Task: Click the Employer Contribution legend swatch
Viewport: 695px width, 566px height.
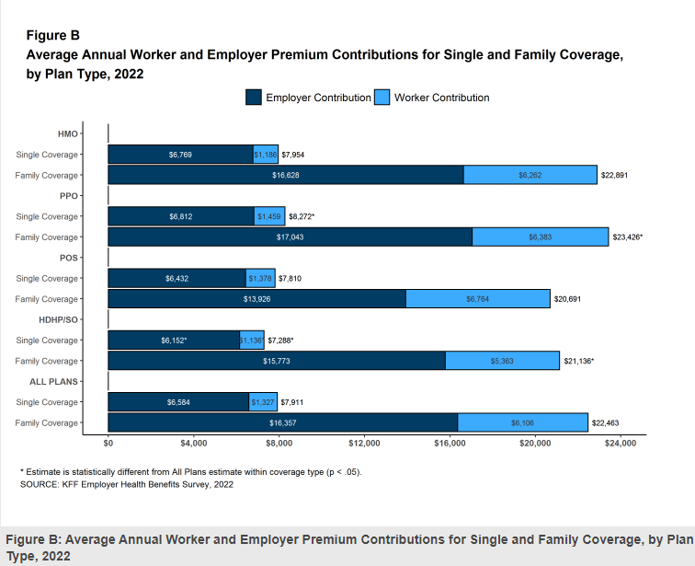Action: tap(254, 97)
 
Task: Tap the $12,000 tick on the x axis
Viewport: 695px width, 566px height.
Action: tap(364, 444)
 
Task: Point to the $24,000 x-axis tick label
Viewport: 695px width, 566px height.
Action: tap(621, 444)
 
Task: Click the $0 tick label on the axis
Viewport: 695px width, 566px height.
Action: tap(108, 444)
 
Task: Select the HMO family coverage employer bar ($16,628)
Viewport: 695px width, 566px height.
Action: tap(285, 175)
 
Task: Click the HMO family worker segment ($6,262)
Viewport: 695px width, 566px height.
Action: tap(530, 175)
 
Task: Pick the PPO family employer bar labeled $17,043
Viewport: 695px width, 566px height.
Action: tap(290, 237)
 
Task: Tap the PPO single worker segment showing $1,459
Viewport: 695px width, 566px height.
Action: tap(269, 216)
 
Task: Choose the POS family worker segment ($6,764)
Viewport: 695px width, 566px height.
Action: tap(477, 299)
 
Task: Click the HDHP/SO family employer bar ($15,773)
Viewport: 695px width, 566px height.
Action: tap(277, 361)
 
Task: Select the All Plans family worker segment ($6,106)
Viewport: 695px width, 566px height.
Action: tap(522, 422)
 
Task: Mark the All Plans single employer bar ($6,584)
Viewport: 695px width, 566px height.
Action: tap(178, 402)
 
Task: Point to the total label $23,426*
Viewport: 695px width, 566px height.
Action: tap(628, 237)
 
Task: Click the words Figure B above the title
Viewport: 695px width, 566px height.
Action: tap(52, 36)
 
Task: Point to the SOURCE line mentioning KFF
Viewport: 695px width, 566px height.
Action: tap(127, 484)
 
